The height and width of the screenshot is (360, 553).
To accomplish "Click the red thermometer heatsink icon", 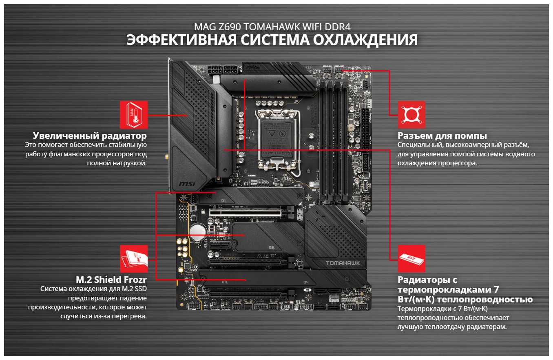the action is click(x=134, y=115).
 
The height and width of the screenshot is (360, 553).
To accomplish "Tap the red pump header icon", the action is click(x=411, y=115).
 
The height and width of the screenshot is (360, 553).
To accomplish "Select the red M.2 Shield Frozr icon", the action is click(x=134, y=259).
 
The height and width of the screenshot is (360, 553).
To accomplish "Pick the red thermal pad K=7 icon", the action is click(x=411, y=259).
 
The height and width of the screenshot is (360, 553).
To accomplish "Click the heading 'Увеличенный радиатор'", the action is click(x=90, y=136).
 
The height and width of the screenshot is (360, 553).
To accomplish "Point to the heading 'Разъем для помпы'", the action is click(x=442, y=136).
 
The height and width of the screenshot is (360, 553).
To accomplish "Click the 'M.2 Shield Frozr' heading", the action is click(x=111, y=280).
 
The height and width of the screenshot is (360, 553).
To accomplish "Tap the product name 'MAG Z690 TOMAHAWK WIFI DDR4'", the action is click(x=272, y=27).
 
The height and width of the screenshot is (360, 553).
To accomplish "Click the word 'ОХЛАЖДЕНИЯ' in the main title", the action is click(x=365, y=40).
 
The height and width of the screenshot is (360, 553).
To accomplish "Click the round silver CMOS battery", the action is click(x=198, y=232).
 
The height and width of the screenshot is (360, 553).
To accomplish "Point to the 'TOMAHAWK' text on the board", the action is click(x=343, y=263).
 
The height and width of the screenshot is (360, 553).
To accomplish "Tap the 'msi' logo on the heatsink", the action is click(x=187, y=184).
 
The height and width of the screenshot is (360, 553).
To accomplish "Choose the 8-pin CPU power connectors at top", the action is click(x=223, y=69).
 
